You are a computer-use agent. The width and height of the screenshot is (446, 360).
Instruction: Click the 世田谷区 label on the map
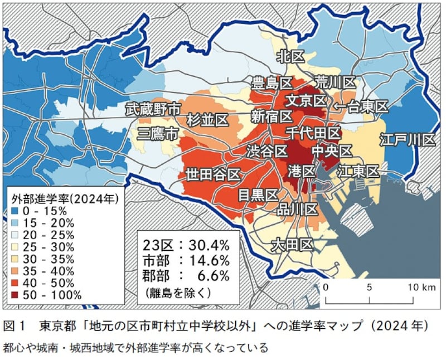214,174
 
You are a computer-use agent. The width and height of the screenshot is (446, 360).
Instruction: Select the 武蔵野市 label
153,109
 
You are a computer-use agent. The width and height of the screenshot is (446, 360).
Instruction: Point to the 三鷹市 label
158,134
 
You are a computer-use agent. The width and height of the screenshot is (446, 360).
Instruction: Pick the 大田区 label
291,244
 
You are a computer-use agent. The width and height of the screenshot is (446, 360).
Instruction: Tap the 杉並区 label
207,120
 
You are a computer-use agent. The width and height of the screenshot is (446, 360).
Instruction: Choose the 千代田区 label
313,133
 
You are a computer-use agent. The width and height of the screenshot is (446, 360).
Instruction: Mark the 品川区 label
298,209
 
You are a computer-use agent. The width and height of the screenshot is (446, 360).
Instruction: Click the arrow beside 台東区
340,106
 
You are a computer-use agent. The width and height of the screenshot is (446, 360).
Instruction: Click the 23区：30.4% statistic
187,245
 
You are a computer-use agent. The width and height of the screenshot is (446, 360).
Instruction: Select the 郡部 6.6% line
187,275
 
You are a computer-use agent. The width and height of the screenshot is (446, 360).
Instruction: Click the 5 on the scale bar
369,288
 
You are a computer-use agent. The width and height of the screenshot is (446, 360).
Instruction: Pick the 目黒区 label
258,194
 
